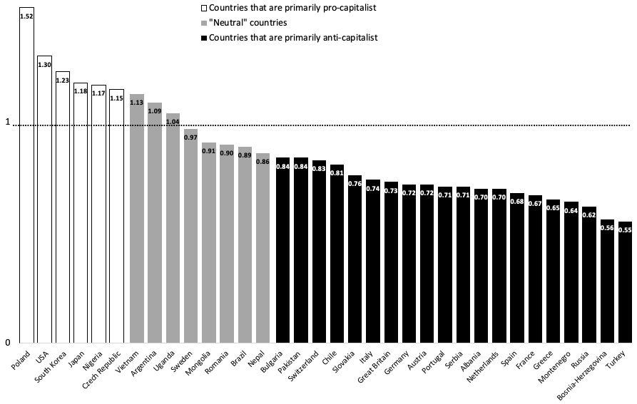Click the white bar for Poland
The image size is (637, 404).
26,178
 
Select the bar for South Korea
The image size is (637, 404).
63,214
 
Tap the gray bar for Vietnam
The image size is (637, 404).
137,221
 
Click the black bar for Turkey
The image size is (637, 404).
625,285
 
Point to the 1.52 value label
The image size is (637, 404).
26,15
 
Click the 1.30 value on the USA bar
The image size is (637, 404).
44,64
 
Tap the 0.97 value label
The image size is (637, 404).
190,137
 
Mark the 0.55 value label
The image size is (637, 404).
625,230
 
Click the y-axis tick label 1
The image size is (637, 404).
8,123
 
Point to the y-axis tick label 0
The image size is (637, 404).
8,343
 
